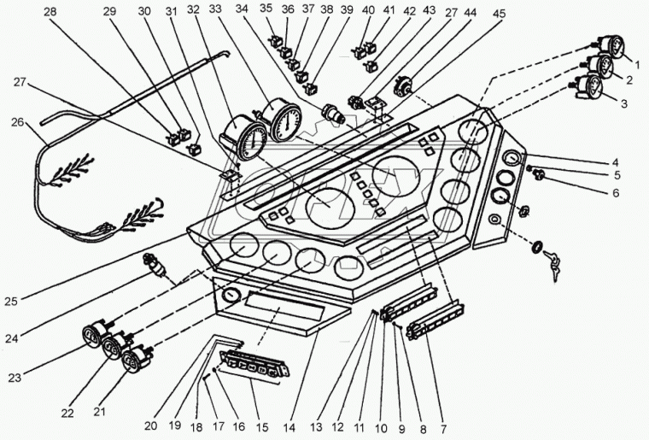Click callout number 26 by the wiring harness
coord(17,122)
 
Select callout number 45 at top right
coord(499,14)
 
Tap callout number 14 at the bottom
coord(289,427)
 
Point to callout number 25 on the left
coord(11,301)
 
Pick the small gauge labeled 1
coord(610,48)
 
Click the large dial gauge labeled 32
coord(244,139)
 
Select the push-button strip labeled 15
coord(254,363)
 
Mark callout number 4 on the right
coord(616,162)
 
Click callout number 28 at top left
coord(50,12)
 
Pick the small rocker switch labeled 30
coord(194,149)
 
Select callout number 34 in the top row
coord(242,9)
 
